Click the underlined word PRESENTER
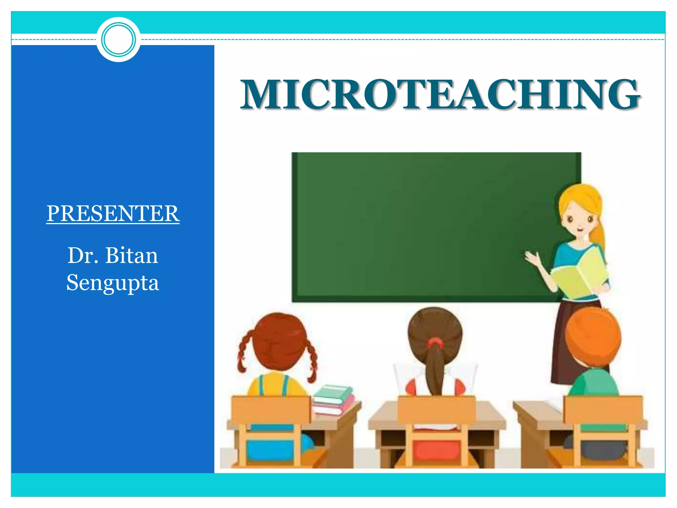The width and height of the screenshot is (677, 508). [x=113, y=213]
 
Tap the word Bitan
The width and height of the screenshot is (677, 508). [x=132, y=256]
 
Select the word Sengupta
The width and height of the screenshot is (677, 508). [x=113, y=283]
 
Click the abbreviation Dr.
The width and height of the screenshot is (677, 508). [x=83, y=256]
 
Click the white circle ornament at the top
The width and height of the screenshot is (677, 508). [x=118, y=39]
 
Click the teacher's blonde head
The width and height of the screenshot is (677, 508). [x=580, y=212]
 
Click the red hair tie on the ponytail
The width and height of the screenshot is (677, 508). [x=435, y=343]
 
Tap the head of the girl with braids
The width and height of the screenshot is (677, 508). [x=279, y=341]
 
